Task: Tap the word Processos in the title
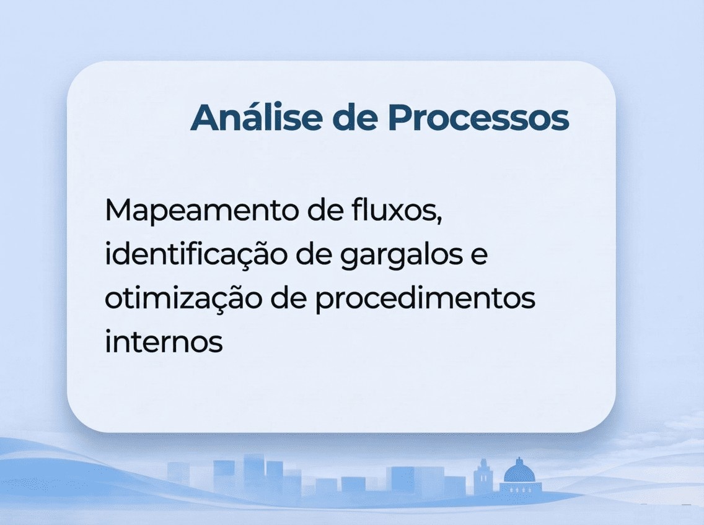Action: pyautogui.click(x=478, y=117)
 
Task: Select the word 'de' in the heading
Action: pyautogui.click(x=354, y=117)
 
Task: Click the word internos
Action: pyautogui.click(x=164, y=342)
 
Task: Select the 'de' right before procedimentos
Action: pyautogui.click(x=289, y=300)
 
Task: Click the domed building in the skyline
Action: pyautogui.click(x=519, y=476)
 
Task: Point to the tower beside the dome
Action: pyautogui.click(x=483, y=477)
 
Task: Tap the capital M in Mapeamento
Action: pyautogui.click(x=119, y=211)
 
